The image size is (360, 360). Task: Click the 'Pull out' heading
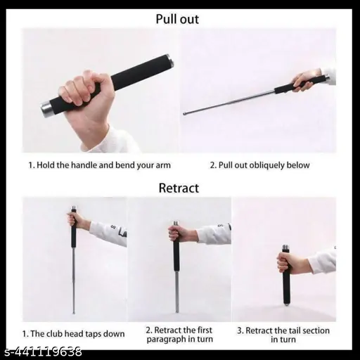point(177,19)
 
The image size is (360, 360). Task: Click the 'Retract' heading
point(179,188)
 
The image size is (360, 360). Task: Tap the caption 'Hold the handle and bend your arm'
point(99,165)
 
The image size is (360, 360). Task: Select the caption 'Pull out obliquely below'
point(259,165)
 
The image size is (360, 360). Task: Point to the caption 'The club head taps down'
point(73,333)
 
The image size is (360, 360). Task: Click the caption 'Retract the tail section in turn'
point(283,335)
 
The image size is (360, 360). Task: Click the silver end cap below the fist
point(46,108)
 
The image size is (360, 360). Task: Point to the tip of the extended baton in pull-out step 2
point(184,114)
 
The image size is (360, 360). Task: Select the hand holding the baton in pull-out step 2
point(304,79)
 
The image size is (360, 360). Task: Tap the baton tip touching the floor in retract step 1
point(74,312)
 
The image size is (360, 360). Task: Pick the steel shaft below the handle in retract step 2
point(177,290)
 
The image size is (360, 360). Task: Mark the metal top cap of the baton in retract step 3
point(286,247)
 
